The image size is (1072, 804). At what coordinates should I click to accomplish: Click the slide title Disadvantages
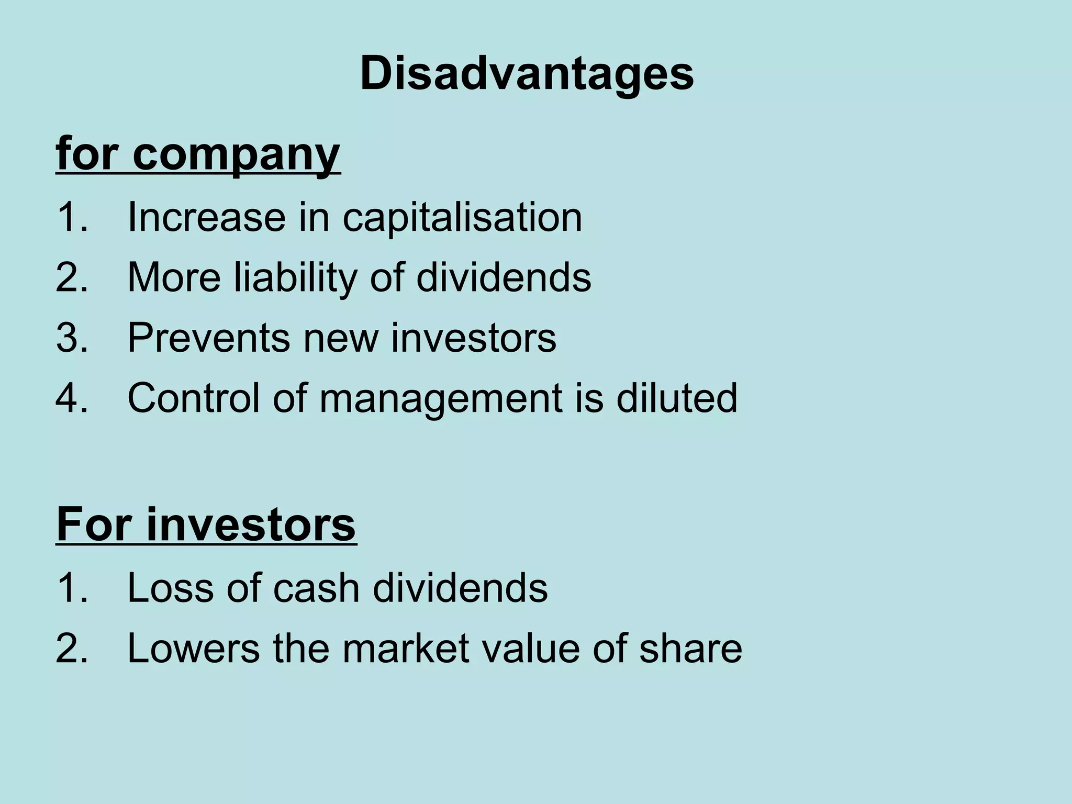coord(527,74)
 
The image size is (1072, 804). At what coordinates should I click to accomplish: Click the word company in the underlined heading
coord(236,154)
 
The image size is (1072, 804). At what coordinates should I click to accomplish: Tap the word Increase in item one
coord(207,217)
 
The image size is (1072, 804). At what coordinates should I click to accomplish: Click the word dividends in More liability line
coord(504,277)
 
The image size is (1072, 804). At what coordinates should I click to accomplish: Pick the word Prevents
coord(208,338)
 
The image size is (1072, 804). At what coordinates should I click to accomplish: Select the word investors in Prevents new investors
coord(474,338)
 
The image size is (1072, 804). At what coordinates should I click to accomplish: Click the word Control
coord(193,398)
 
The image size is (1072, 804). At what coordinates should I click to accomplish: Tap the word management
coord(440,398)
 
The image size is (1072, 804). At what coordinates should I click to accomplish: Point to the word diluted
coord(676,398)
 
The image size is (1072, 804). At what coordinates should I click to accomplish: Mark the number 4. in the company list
coord(72,398)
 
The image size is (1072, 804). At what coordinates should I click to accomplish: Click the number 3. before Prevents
coord(72,338)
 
